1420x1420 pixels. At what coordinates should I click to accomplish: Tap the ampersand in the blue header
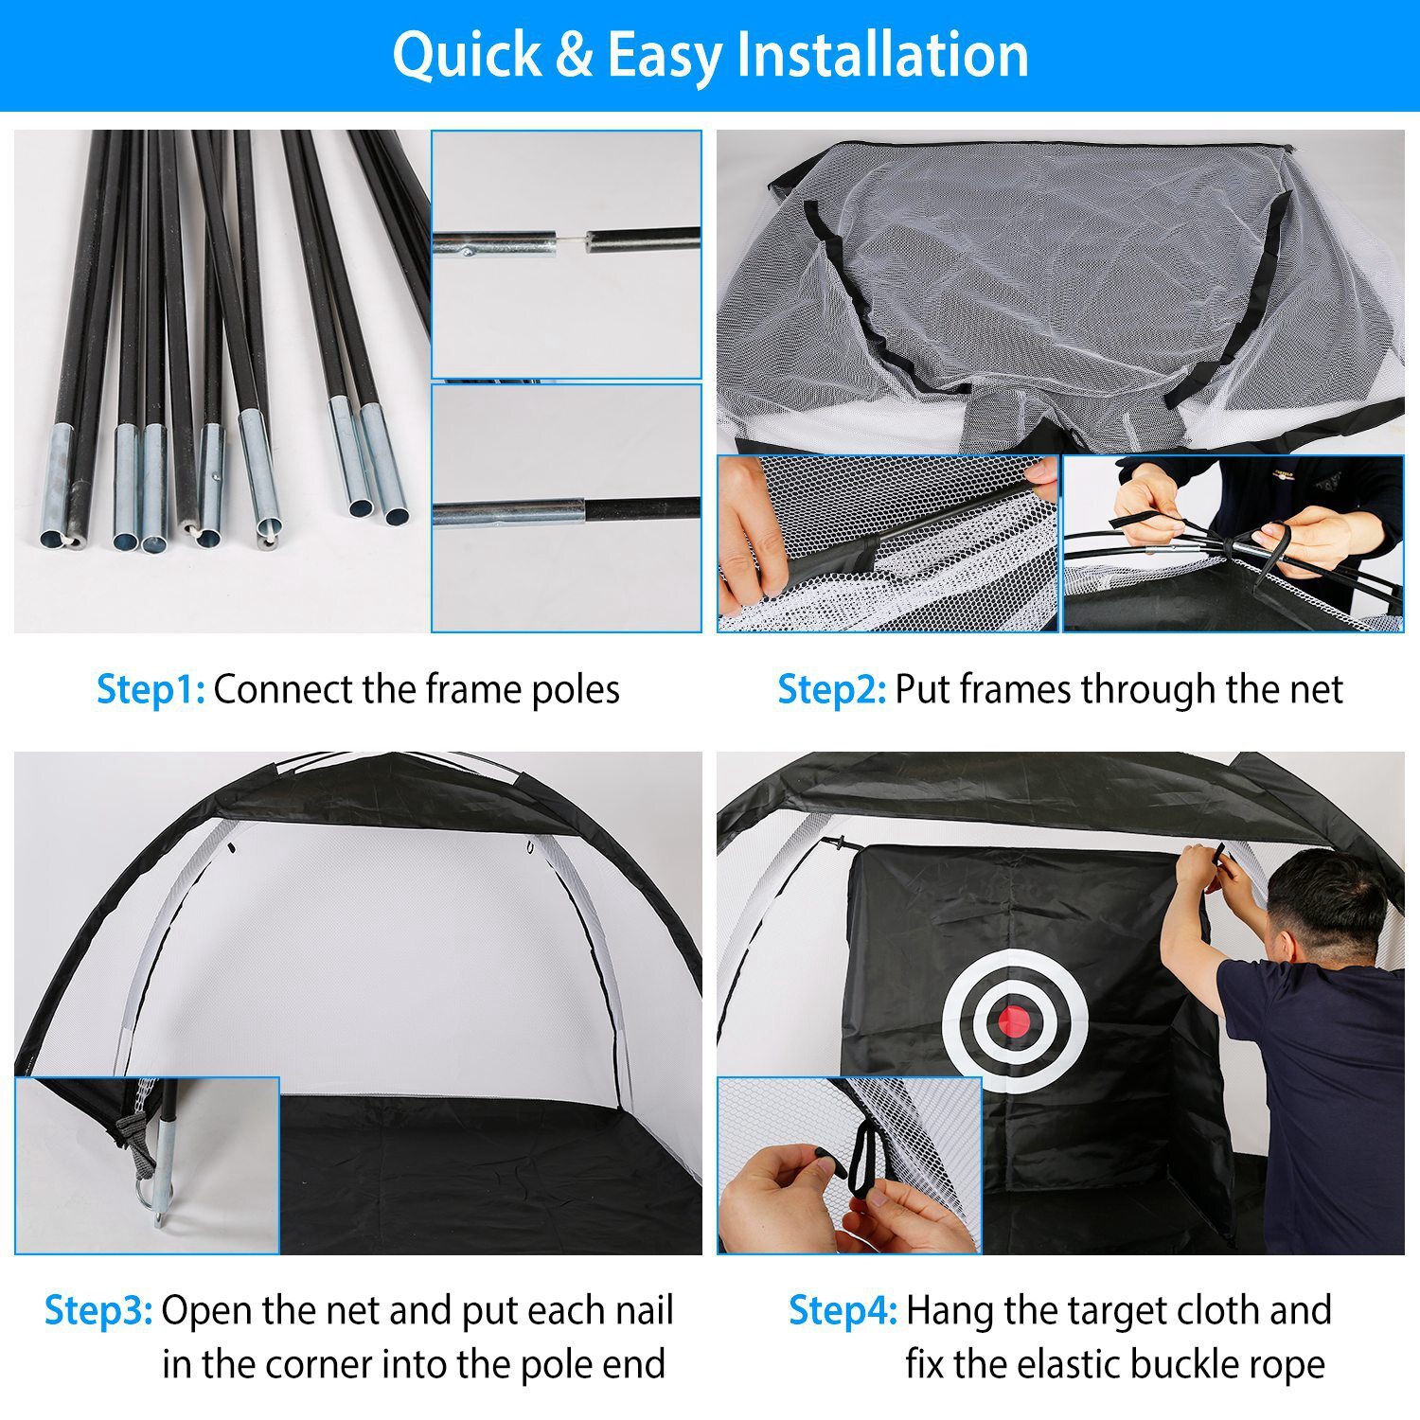tap(573, 55)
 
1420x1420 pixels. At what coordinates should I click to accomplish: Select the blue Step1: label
tap(151, 689)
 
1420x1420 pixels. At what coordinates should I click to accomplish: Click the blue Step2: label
tap(831, 689)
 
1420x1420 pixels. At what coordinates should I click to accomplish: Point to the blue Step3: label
tap(98, 1311)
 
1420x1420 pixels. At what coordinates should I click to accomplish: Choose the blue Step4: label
tap(843, 1311)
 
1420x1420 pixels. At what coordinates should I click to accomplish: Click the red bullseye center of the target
tap(1014, 1020)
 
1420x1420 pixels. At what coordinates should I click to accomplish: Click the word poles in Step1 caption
tap(576, 689)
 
